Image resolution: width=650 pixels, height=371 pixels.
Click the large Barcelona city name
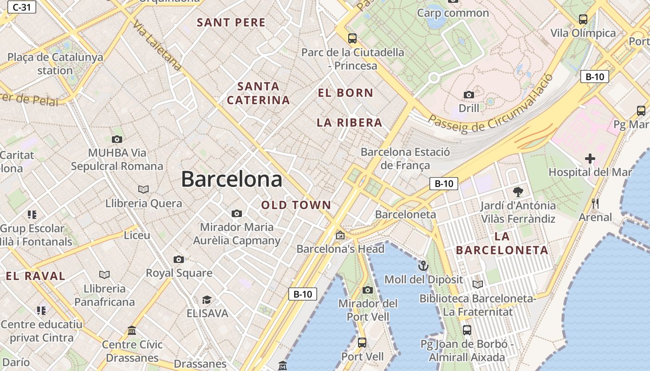[x=231, y=179]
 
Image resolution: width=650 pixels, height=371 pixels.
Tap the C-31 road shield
[x=21, y=7]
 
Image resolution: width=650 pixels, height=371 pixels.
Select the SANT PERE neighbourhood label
[x=231, y=22]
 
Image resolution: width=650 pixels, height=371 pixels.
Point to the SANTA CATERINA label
[x=258, y=93]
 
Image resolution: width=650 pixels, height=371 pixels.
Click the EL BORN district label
[x=345, y=93]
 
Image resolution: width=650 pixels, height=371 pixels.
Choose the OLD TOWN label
[x=296, y=205]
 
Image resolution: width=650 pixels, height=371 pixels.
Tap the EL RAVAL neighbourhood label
[x=36, y=276]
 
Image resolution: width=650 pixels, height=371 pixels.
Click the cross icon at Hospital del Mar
[x=590, y=159]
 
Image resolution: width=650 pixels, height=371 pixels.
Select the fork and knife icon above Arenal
[x=596, y=203]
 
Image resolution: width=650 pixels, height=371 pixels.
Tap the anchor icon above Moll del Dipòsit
[x=423, y=266]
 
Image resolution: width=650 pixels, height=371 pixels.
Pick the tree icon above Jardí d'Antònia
[x=518, y=192]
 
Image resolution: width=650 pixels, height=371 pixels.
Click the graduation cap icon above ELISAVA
[x=207, y=300]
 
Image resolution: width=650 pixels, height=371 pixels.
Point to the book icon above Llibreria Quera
[x=143, y=189]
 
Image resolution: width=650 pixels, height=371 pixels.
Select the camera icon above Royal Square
[x=179, y=259]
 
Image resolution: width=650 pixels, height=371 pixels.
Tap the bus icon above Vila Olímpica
[x=583, y=19]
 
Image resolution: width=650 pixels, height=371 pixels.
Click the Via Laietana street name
[x=157, y=45]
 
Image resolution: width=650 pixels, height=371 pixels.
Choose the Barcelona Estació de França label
[x=405, y=158]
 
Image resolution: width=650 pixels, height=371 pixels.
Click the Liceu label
[x=137, y=235]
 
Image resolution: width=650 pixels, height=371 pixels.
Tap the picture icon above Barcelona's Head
[x=340, y=235]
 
